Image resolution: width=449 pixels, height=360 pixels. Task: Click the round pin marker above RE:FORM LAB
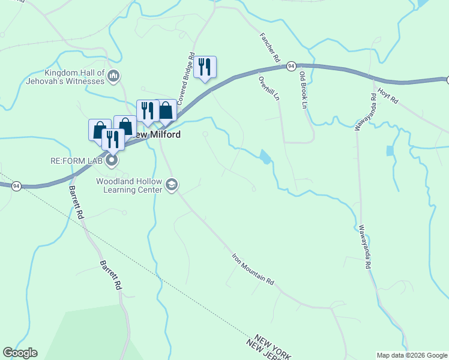[x=112, y=160]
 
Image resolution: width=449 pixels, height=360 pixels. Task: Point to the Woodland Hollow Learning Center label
[x=130, y=185]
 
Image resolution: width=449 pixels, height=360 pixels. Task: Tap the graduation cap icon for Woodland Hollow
[x=172, y=184]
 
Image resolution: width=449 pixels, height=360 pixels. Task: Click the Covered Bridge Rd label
[x=187, y=77]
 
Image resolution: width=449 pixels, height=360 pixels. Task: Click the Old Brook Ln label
[x=303, y=89]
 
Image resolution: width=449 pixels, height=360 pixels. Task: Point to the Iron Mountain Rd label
[x=253, y=269]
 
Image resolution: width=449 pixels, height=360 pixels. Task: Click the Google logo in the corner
[x=20, y=353]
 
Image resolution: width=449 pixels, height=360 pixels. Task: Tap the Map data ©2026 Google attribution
[x=412, y=355]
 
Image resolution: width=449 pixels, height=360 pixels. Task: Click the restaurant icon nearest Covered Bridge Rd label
[x=205, y=66]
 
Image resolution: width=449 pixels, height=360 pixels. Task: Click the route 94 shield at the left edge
[x=16, y=186]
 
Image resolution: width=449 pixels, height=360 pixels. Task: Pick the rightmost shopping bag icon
[x=166, y=110]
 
